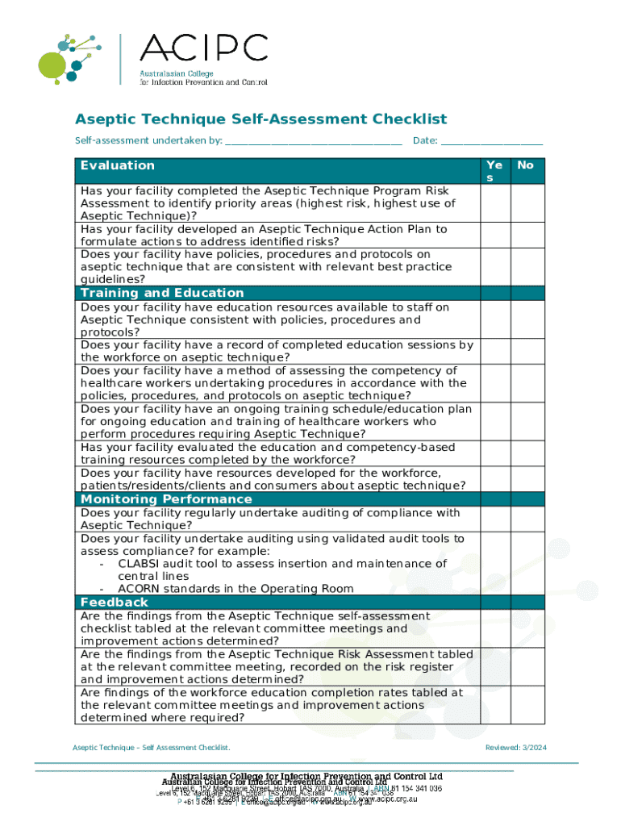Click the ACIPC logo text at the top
203,49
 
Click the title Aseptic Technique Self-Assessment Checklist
260,119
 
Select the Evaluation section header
118,165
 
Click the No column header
525,165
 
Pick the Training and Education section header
162,293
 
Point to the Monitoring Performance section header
160,499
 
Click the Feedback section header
115,603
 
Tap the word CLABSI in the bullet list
139,564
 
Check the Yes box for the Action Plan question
494,235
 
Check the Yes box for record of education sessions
494,351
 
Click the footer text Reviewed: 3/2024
515,748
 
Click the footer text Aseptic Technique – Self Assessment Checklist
152,748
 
